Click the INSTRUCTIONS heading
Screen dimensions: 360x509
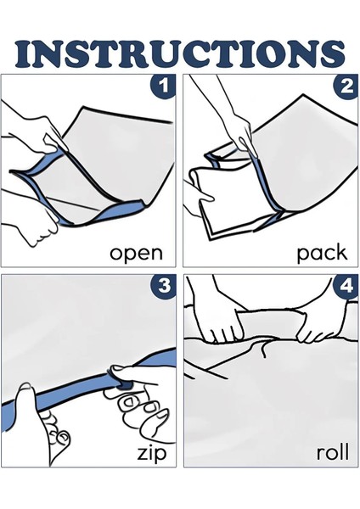180,53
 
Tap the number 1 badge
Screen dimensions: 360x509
163,87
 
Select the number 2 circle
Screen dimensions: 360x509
346,87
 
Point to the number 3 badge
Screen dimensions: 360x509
163,286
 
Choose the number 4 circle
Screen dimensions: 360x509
346,287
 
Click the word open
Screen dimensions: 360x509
136,254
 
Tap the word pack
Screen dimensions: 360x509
322,253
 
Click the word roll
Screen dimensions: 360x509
333,451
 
